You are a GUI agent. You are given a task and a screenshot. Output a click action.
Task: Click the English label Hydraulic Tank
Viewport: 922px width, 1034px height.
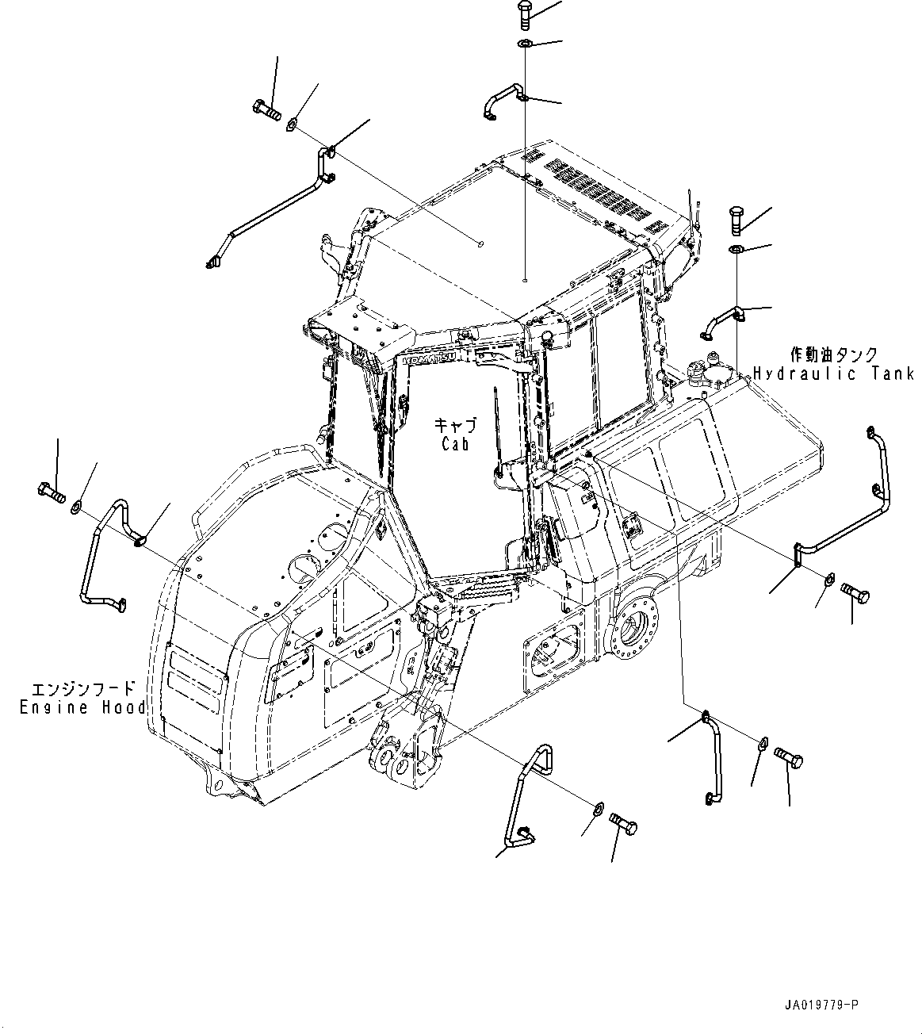(x=833, y=373)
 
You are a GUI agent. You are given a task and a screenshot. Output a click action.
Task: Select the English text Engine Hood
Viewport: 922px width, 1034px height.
(x=82, y=707)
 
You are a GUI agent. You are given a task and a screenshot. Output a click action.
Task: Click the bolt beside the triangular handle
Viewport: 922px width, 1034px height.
(x=625, y=825)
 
